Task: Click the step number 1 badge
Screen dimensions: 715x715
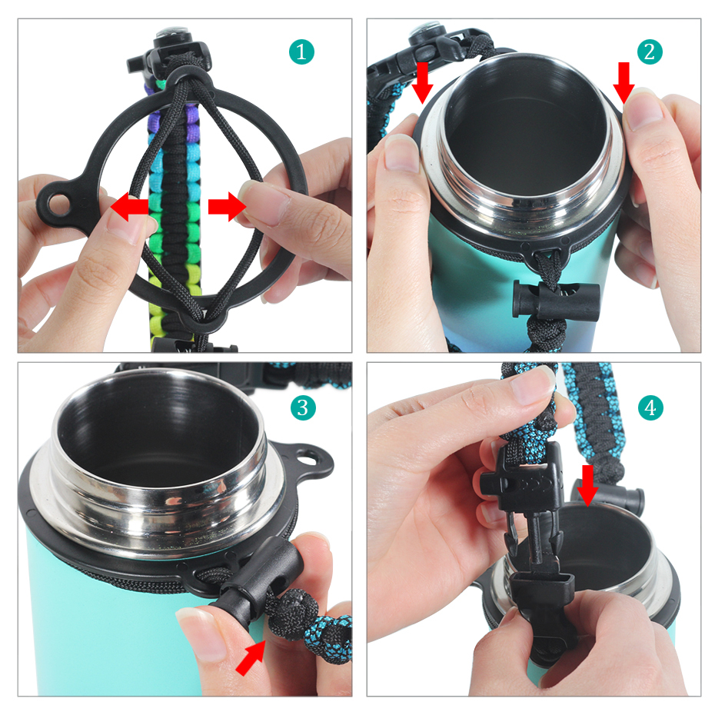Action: click(x=302, y=52)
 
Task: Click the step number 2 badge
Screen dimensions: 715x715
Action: click(x=650, y=52)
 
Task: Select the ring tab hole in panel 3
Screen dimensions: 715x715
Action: click(x=311, y=457)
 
